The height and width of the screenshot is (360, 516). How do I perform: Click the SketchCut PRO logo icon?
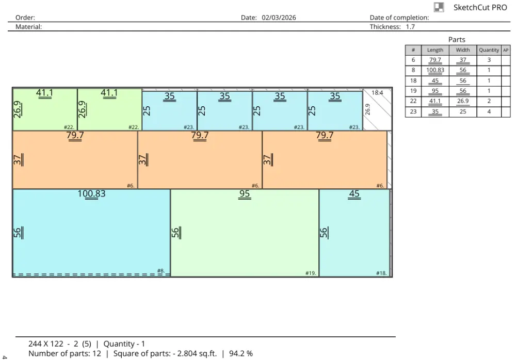439,7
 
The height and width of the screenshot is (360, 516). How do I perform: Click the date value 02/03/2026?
279,18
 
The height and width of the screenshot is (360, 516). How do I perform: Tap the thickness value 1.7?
410,27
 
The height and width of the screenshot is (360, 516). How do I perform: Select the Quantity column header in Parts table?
489,50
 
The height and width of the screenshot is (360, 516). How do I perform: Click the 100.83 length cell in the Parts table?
435,70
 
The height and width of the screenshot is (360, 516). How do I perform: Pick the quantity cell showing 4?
489,111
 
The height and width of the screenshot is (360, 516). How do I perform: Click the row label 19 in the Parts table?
413,91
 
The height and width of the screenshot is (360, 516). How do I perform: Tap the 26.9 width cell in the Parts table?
463,101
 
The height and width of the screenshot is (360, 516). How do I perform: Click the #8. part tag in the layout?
160,271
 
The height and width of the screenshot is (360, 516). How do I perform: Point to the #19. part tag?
310,273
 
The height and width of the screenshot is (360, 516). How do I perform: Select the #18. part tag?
381,273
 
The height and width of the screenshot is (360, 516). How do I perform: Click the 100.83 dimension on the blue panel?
91,193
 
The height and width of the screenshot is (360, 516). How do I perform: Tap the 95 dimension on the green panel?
245,193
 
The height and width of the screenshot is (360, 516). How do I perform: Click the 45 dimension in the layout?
354,193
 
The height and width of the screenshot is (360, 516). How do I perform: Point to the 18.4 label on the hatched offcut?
377,93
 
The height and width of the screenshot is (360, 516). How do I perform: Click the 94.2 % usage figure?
241,353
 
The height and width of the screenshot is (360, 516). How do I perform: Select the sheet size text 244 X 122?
46,344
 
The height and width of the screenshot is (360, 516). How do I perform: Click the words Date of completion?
399,18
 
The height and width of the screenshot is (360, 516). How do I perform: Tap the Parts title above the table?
457,40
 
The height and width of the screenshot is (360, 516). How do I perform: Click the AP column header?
506,50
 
